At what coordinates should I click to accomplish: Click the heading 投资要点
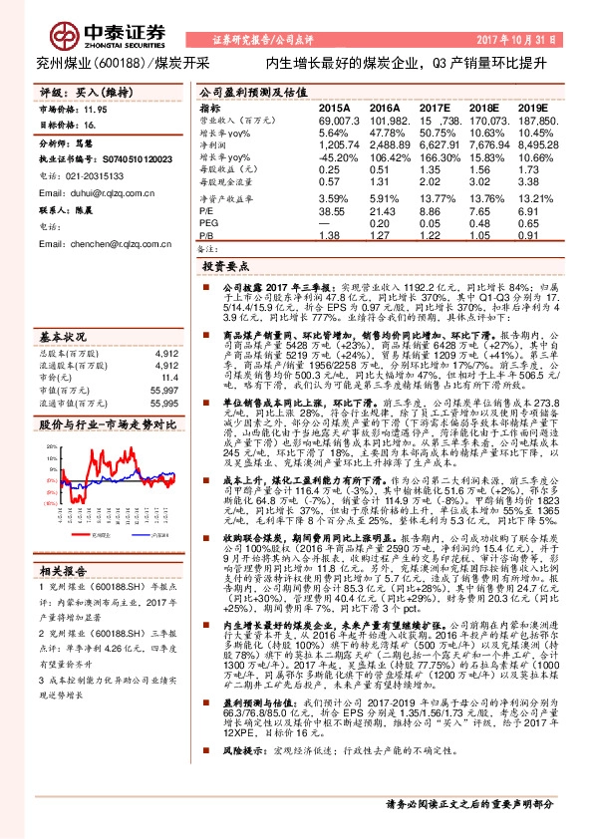[x=225, y=267]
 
